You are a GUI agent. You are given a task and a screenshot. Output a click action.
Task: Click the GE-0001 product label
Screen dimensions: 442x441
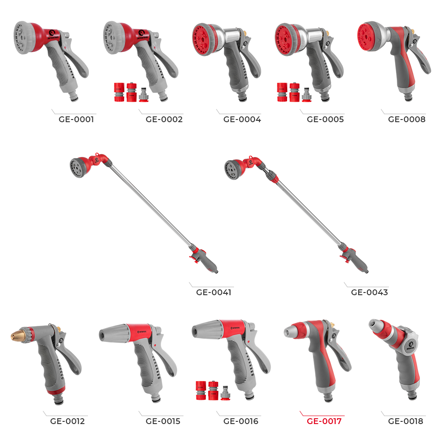(76, 120)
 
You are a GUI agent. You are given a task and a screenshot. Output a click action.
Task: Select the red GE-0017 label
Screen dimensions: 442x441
(324, 421)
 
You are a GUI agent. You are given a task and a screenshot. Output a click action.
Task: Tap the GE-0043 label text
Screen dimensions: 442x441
(369, 293)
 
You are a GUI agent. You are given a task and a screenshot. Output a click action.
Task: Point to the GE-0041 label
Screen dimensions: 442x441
(214, 293)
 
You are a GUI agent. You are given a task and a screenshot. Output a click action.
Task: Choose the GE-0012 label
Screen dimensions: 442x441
(67, 421)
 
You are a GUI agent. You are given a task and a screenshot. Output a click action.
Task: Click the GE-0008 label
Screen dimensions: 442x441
(406, 120)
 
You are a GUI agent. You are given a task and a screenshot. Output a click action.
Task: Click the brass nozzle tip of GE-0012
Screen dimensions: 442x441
(17, 335)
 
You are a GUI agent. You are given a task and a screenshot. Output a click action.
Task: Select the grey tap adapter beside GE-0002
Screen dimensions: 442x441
(143, 95)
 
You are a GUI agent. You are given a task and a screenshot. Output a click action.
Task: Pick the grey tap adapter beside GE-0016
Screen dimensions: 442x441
(225, 393)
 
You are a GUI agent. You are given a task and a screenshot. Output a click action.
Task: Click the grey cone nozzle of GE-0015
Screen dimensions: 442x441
(113, 333)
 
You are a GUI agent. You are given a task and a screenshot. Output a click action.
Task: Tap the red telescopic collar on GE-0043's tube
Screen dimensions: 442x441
(273, 178)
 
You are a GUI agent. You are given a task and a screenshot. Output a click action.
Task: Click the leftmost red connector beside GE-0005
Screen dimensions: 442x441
(282, 92)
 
